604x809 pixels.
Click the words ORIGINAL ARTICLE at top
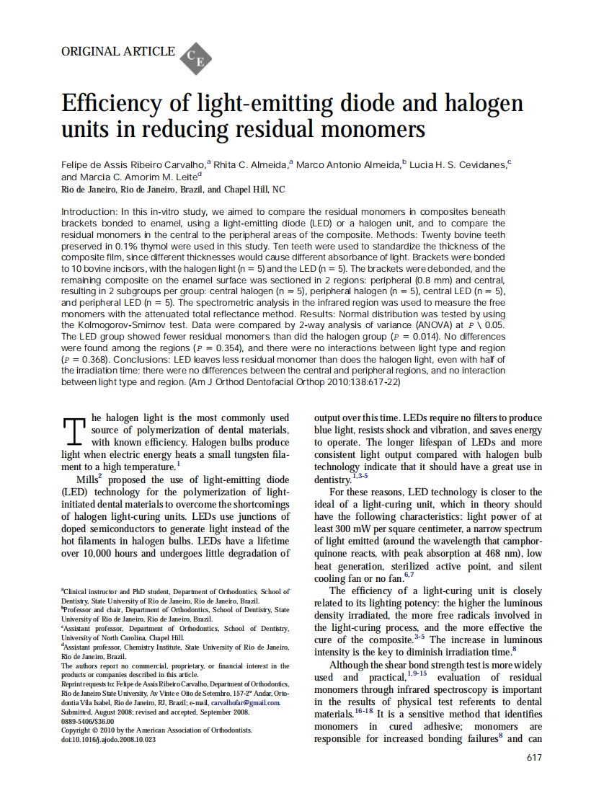(118, 51)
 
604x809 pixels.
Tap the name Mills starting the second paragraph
(89, 479)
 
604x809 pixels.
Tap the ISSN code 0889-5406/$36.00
(88, 720)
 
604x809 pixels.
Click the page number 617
(534, 757)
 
